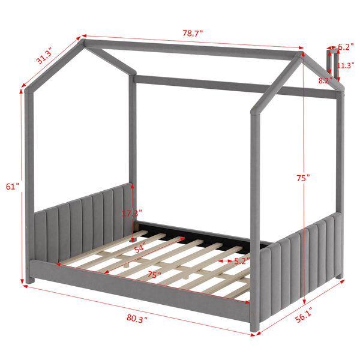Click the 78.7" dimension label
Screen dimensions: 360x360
point(193,33)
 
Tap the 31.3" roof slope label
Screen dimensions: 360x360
point(44,56)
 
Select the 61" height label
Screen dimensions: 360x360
point(12,187)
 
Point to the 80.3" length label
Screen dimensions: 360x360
point(137,319)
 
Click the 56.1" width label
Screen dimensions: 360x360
point(304,315)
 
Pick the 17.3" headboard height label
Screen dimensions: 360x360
point(132,213)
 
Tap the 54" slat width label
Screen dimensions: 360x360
point(140,248)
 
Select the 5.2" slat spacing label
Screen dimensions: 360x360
point(242,261)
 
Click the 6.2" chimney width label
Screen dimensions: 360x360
point(346,47)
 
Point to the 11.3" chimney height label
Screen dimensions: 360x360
point(346,65)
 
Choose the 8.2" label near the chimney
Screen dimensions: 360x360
point(325,80)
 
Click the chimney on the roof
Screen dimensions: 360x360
point(333,65)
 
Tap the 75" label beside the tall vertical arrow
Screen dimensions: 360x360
point(303,178)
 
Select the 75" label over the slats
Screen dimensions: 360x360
point(154,274)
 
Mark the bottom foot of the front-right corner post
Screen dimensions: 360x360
point(255,327)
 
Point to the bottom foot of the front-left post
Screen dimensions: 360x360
point(30,280)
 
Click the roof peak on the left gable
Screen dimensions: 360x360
point(82,42)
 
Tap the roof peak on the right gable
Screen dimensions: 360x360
point(299,55)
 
